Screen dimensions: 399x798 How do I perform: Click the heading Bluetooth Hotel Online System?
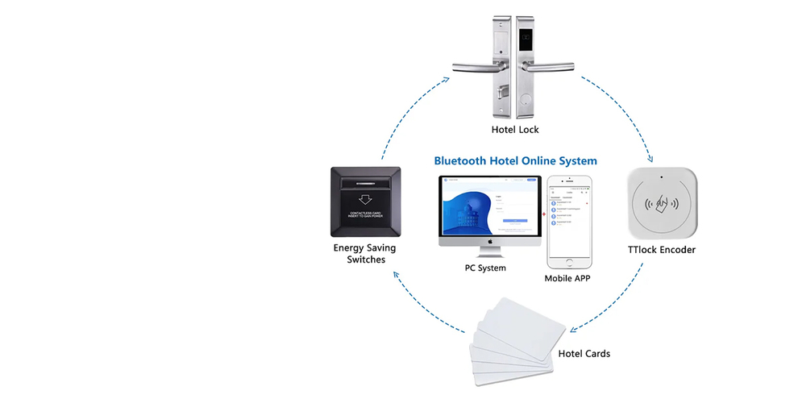coord(515,160)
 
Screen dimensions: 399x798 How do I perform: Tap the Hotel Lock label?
coord(515,129)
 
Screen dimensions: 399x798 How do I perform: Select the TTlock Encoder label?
coord(661,250)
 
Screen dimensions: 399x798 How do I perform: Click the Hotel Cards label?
coord(584,354)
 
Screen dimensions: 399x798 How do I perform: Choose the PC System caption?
coord(484,268)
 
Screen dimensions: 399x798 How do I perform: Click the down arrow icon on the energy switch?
coord(365,197)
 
